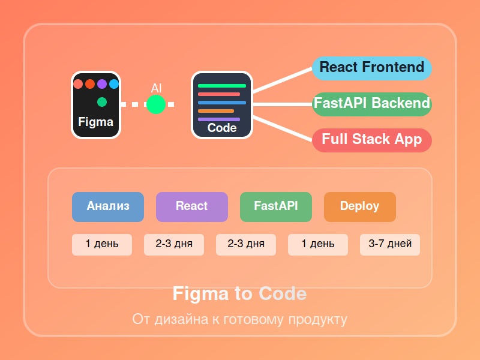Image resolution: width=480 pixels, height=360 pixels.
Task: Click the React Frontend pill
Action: point(371,67)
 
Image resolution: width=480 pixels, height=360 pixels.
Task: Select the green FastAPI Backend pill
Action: point(372,103)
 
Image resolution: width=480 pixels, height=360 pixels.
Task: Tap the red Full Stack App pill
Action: point(372,139)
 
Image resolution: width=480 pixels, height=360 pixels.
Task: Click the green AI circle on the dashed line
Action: point(156,104)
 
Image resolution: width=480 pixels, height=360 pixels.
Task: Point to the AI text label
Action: point(156,88)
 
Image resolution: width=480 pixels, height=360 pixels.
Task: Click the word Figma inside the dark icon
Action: point(95,122)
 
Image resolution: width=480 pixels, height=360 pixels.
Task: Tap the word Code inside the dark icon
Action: point(222,128)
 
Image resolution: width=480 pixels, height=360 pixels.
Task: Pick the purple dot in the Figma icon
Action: point(102,84)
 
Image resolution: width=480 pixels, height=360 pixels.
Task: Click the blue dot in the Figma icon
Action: point(114,84)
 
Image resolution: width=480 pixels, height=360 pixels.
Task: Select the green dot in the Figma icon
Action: point(102,102)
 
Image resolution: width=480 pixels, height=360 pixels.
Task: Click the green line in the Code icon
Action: point(222,86)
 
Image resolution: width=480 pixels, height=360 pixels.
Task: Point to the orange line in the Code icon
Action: point(216,111)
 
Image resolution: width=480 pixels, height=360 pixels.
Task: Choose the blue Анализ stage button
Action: point(108,206)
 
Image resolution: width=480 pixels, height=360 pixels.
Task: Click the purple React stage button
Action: point(192,206)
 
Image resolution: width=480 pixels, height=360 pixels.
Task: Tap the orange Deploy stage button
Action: point(360,206)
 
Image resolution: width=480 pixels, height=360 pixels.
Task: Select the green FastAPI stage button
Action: point(276,206)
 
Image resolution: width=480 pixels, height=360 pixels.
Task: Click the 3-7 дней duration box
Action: point(390,244)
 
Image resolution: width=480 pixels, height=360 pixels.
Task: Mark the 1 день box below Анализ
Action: point(102,244)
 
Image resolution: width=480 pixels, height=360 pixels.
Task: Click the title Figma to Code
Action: point(240,294)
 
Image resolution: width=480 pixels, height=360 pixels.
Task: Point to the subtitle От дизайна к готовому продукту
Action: point(240,319)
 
